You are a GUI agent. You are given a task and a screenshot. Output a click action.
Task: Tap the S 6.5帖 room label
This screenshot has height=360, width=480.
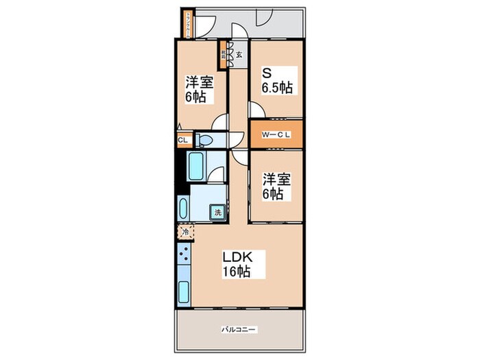point(276,80)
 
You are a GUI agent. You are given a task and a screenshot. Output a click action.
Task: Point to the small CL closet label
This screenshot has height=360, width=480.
point(182,141)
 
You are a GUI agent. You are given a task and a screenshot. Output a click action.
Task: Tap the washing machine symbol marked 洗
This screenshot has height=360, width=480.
point(217,213)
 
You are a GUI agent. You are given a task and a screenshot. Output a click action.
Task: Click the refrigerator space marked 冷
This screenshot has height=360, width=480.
point(184,232)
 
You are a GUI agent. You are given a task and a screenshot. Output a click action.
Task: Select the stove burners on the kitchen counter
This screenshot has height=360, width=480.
point(184,259)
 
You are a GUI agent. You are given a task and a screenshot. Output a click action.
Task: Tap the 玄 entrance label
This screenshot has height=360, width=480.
point(239,55)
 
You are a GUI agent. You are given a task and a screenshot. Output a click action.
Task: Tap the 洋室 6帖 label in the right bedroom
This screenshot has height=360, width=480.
point(276,187)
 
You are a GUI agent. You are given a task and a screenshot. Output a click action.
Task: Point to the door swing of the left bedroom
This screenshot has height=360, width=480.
point(221,123)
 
